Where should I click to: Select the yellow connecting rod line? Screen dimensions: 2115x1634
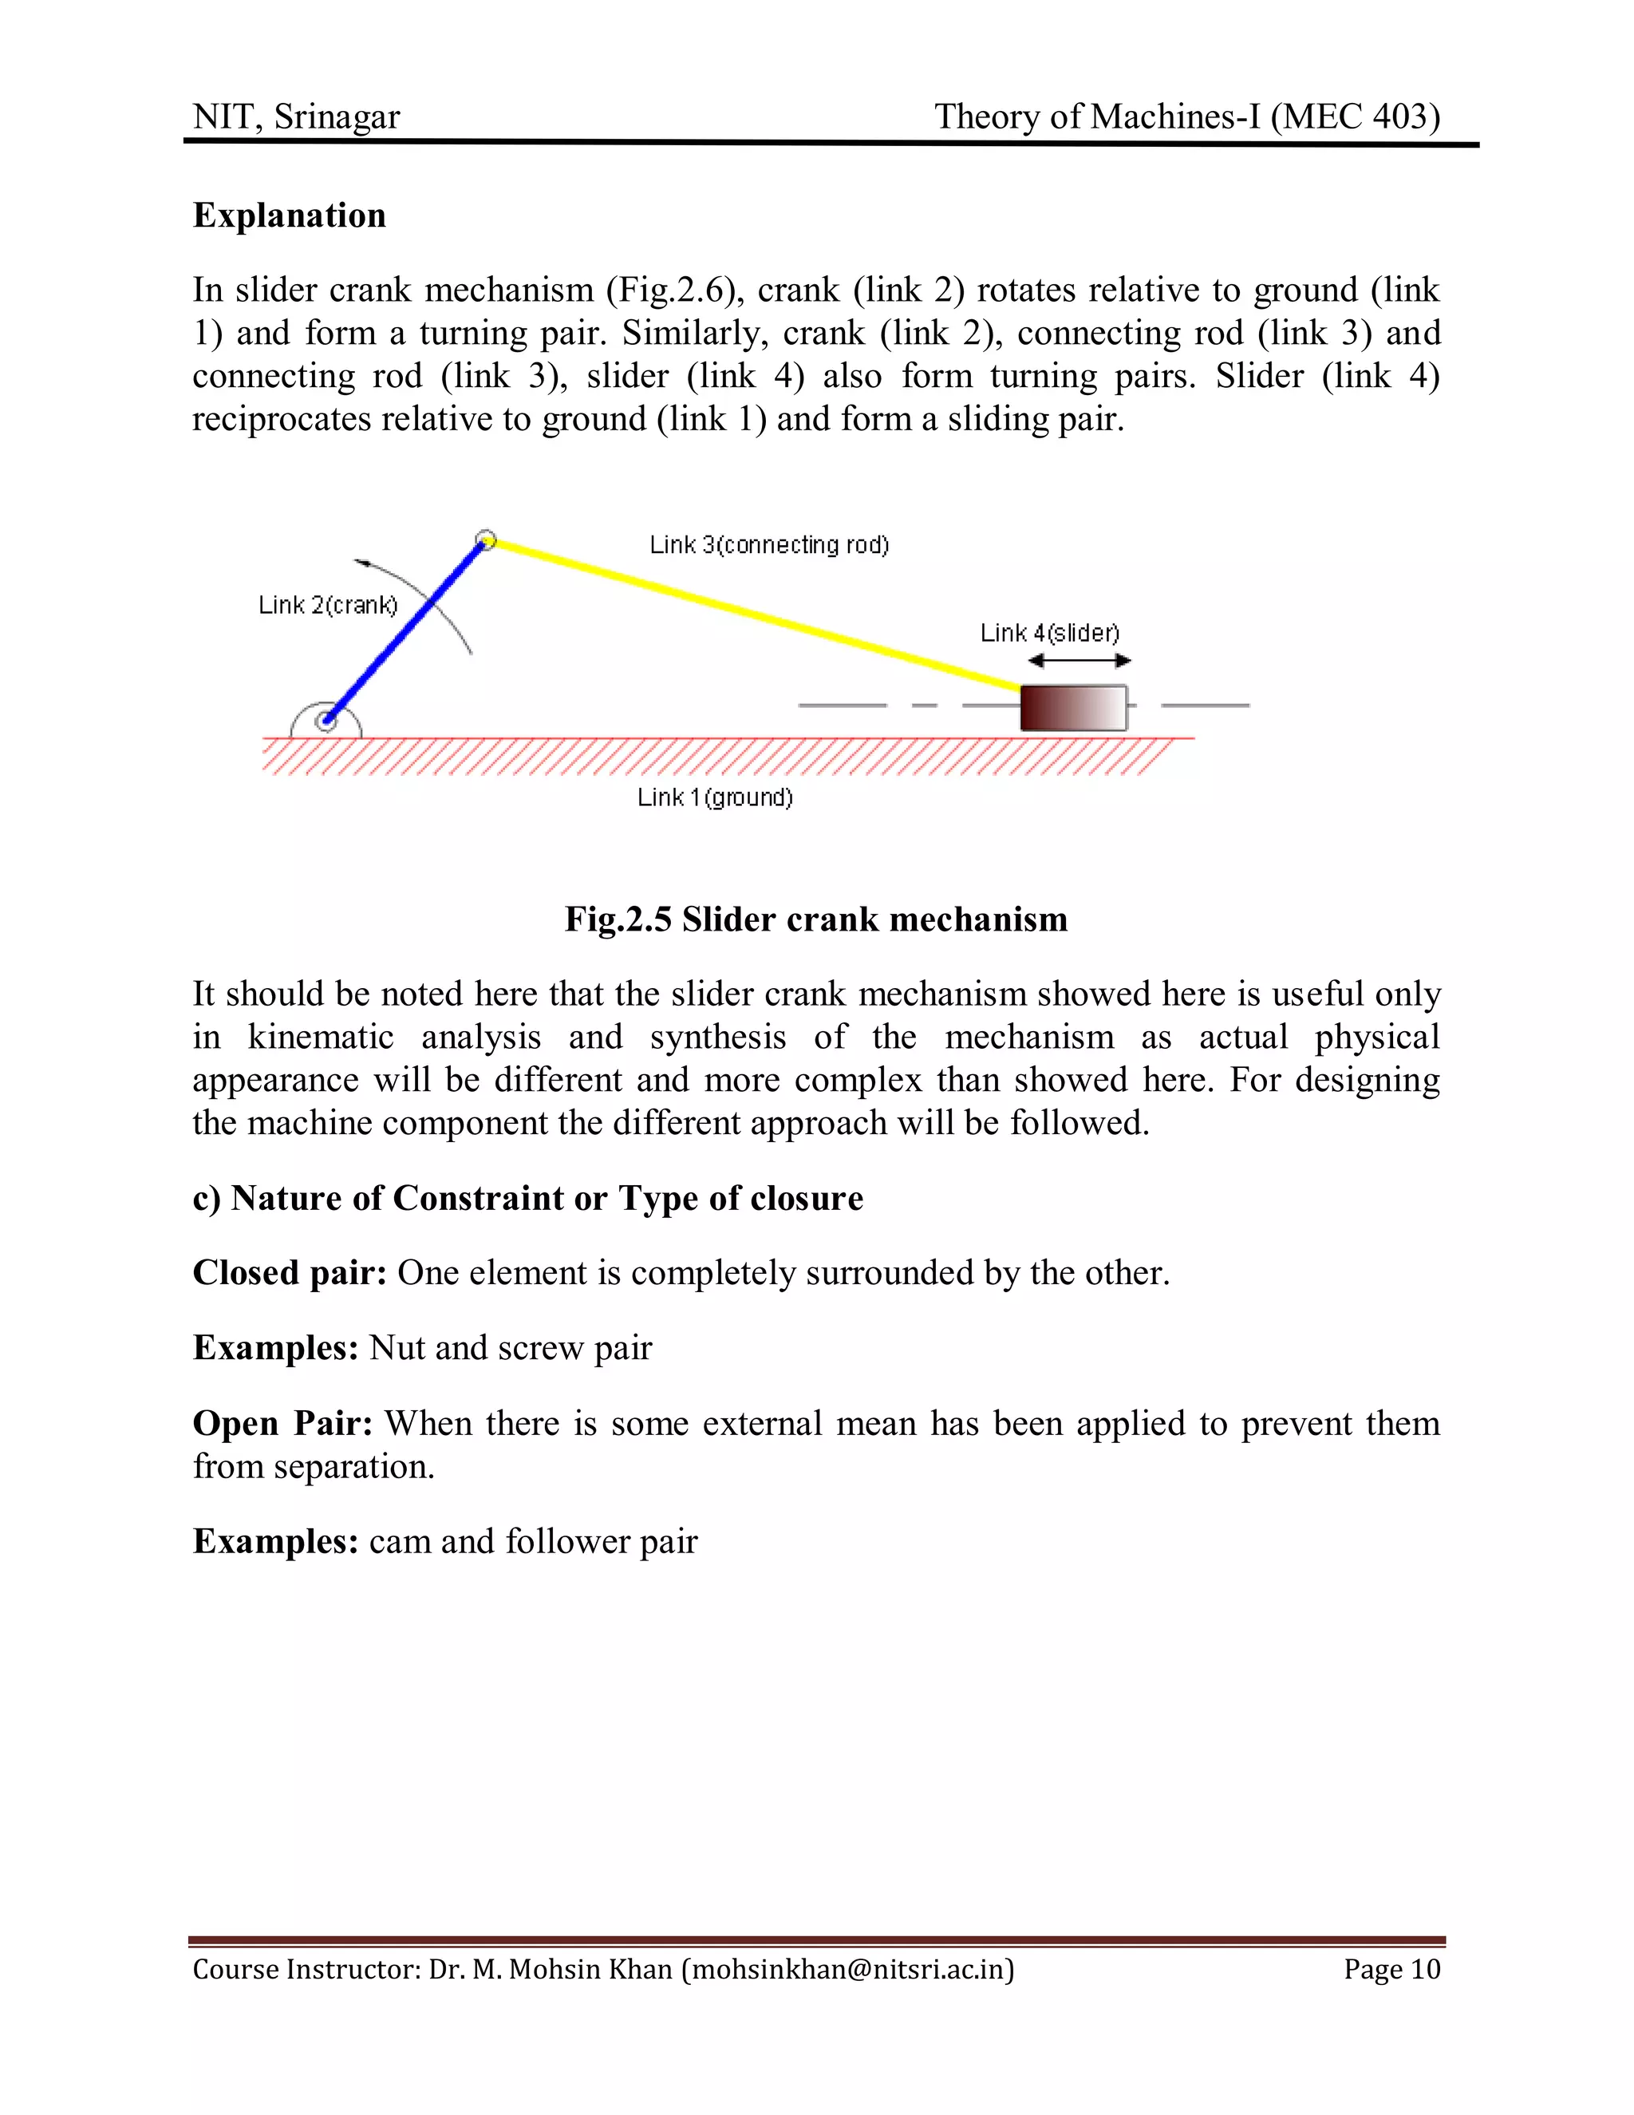[x=755, y=614]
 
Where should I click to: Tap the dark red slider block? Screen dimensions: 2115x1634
[x=1072, y=708]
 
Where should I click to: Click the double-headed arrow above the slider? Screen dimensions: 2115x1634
[x=1079, y=662]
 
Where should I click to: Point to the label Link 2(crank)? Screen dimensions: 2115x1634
[x=327, y=605]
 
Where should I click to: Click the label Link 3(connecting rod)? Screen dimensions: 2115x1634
[x=768, y=545]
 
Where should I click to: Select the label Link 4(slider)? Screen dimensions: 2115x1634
[x=1049, y=634]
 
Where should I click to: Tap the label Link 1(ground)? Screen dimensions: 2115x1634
[x=714, y=798]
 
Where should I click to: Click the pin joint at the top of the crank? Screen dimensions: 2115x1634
[x=487, y=540]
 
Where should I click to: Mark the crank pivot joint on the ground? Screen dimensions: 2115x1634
[x=327, y=721]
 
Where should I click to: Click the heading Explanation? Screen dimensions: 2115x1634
[x=290, y=215]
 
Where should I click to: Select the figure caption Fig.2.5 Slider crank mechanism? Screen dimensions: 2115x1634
[x=816, y=919]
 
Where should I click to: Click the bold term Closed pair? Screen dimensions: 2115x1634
[x=290, y=1272]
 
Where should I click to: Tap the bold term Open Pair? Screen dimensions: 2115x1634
[x=282, y=1424]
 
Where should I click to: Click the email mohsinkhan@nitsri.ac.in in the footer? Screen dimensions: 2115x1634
[x=848, y=1969]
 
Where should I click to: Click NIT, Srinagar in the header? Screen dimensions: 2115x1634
[x=296, y=117]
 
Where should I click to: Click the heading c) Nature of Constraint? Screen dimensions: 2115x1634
[x=527, y=1198]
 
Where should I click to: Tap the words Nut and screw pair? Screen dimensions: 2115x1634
[x=510, y=1348]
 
